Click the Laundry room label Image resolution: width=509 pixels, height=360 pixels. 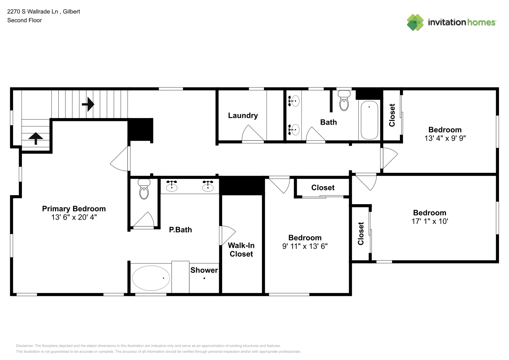tap(243, 116)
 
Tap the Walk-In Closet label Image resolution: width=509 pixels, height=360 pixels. tap(241, 249)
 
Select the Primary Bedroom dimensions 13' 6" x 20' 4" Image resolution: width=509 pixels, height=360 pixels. tap(74, 217)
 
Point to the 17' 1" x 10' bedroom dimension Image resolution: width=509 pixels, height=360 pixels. tap(430, 221)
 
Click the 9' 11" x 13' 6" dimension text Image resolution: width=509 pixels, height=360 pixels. tap(305, 246)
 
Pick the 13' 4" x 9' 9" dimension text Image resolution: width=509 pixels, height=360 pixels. tap(445, 138)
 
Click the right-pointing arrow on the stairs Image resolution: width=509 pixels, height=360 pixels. tap(88, 104)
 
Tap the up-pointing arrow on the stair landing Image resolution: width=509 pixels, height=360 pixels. tap(36, 138)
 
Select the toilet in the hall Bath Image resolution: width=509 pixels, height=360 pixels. tap(344, 100)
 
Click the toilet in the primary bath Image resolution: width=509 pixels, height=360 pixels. tap(144, 189)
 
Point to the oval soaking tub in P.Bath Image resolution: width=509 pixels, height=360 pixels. tap(151, 278)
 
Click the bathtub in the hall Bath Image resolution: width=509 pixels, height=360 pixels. tap(369, 120)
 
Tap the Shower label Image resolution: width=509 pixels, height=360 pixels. tap(204, 270)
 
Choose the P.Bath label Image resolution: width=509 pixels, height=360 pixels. tap(180, 230)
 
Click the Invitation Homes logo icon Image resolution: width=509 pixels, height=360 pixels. tap(415, 22)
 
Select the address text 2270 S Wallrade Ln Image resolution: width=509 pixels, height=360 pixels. tap(32, 12)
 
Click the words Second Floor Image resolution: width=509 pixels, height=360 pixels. tap(24, 20)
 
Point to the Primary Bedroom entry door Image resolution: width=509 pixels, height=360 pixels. tap(120, 158)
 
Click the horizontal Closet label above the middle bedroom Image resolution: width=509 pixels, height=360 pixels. tap(323, 188)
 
